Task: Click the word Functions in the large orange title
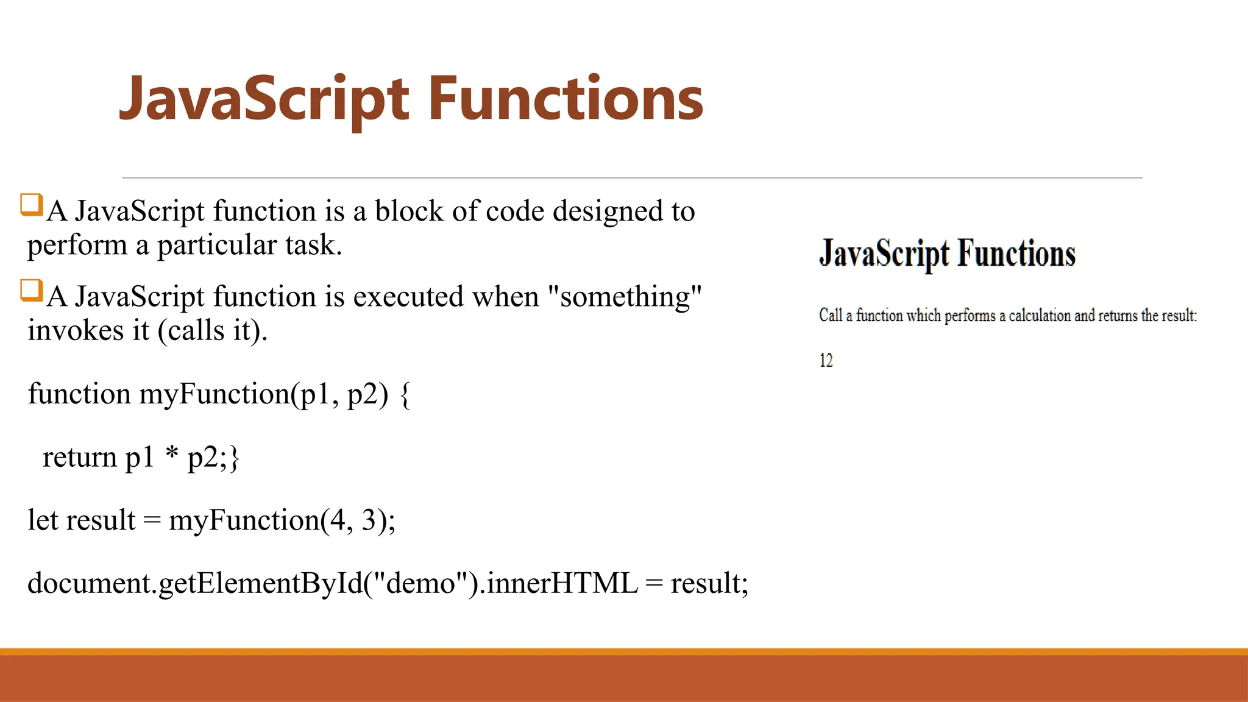[565, 99]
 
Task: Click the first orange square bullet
[31, 205]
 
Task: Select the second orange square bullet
[31, 290]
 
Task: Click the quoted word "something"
[625, 297]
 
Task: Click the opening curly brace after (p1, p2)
[405, 395]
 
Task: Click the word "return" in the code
[79, 458]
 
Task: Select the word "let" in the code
[42, 520]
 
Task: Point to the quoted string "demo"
[421, 583]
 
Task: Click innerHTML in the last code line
[562, 583]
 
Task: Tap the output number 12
[826, 361]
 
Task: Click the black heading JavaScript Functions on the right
[947, 253]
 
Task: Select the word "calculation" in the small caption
[1040, 316]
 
